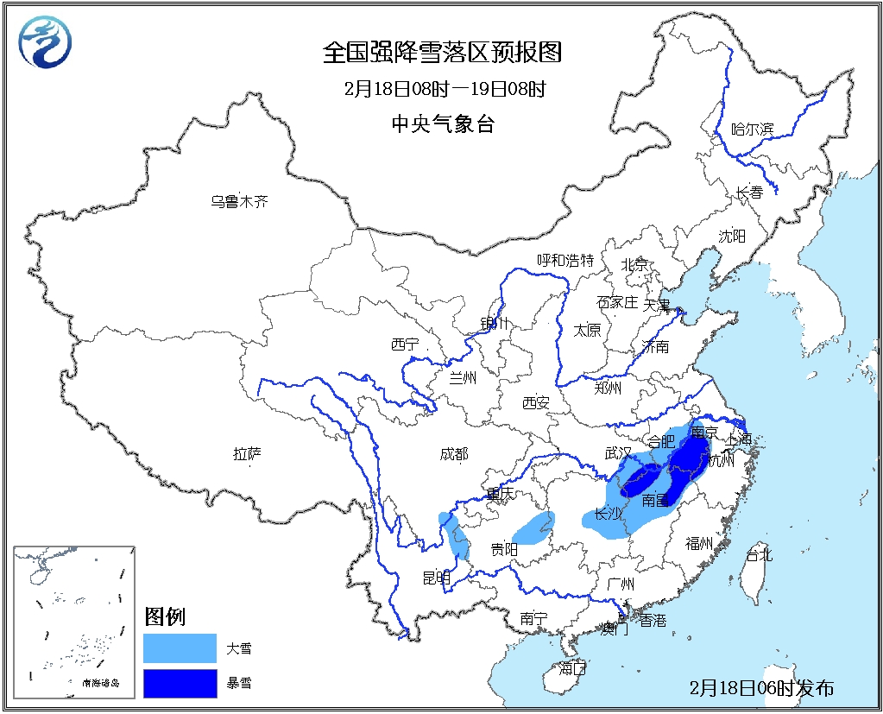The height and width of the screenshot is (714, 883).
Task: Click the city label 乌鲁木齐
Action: pos(240,202)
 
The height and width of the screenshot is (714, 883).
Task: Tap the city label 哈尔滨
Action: pos(753,130)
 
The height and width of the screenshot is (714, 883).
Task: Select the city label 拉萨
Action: pos(248,453)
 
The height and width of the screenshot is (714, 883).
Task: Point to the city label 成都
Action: pos(454,454)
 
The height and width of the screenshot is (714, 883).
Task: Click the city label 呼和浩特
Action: pos(566,260)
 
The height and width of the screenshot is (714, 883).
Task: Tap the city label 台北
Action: pos(759,555)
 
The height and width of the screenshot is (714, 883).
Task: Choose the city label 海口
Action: pos(572,667)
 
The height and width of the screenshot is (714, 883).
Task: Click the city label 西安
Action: pos(536,402)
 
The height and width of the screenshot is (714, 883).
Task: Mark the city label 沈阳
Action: pos(732,236)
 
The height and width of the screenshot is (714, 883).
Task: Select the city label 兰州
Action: pos(463,376)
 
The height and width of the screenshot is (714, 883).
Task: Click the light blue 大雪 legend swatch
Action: pos(180,648)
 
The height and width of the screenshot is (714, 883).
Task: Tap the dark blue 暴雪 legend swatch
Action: pos(180,684)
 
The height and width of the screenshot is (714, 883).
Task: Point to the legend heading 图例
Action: pos(165,616)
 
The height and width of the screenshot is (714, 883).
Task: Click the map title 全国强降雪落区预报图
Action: pos(442,54)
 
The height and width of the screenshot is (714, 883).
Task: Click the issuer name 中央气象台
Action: pos(443,123)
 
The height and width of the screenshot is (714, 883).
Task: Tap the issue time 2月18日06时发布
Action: pos(762,688)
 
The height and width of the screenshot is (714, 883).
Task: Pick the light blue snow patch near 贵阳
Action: pos(533,527)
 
